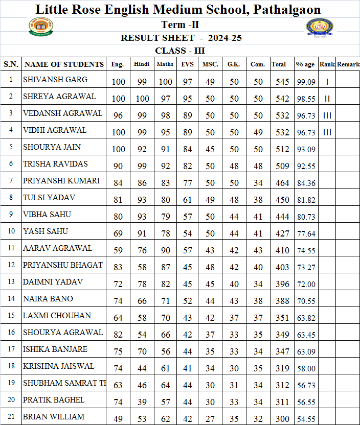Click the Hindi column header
click(142, 64)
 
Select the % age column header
click(305, 64)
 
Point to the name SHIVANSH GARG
click(55, 80)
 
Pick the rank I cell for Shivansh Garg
click(327, 82)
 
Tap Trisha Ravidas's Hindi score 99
click(142, 166)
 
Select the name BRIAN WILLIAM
click(54, 417)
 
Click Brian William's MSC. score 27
click(210, 419)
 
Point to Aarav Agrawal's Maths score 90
click(165, 250)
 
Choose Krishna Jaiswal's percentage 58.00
click(306, 368)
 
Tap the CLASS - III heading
click(180, 51)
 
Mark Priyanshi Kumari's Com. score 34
click(258, 183)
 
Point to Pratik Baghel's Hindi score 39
click(142, 402)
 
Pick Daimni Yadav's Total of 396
click(282, 284)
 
